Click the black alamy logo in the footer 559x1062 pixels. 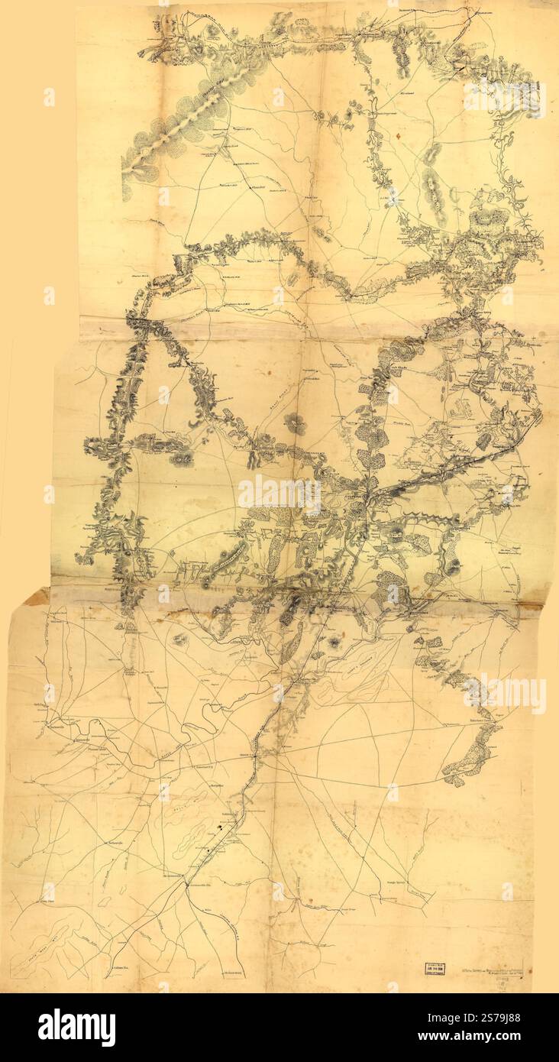77,1028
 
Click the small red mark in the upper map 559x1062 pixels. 398,136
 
